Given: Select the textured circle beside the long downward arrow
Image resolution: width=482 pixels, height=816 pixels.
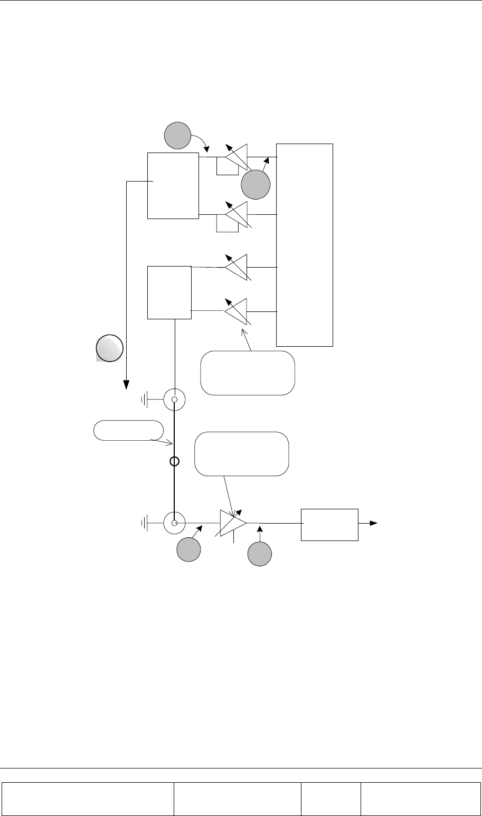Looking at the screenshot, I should pyautogui.click(x=109, y=348).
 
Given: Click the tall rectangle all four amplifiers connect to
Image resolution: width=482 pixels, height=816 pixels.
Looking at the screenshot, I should pyautogui.click(x=305, y=244).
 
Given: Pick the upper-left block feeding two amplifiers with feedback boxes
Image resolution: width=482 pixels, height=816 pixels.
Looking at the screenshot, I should pyautogui.click(x=173, y=185).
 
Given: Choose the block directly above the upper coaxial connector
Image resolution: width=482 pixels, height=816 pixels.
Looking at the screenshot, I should pyautogui.click(x=169, y=292).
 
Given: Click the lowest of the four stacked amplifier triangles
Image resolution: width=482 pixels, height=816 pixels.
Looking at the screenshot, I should pyautogui.click(x=237, y=311).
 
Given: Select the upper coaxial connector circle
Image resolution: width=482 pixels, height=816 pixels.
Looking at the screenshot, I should pyautogui.click(x=174, y=400).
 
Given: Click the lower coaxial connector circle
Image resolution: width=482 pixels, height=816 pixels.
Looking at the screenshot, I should pyautogui.click(x=174, y=523).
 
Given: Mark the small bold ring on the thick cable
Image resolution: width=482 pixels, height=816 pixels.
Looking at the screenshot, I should pyautogui.click(x=175, y=461).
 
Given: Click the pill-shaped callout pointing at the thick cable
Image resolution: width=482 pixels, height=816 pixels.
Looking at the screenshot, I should pyautogui.click(x=128, y=430).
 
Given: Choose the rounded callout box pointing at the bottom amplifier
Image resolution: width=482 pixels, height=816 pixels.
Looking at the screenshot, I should pyautogui.click(x=242, y=454).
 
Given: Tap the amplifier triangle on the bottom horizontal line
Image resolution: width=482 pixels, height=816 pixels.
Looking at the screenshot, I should pyautogui.click(x=232, y=524).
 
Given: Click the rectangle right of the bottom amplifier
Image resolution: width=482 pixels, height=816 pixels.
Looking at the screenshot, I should pyautogui.click(x=329, y=524).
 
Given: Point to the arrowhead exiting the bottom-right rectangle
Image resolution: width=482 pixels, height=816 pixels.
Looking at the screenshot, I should pyautogui.click(x=374, y=523).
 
